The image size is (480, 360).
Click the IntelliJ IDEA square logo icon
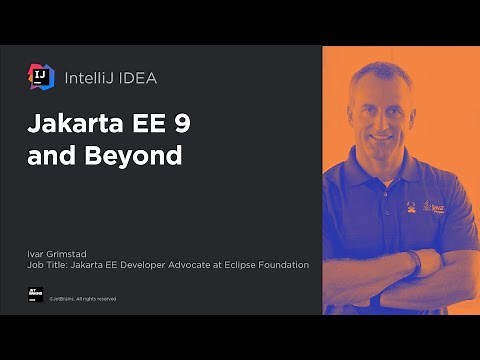41,76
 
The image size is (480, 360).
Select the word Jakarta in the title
73,127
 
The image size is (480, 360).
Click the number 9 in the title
181,127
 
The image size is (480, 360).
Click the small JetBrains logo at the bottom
36,296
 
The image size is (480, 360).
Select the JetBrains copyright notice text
84,298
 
